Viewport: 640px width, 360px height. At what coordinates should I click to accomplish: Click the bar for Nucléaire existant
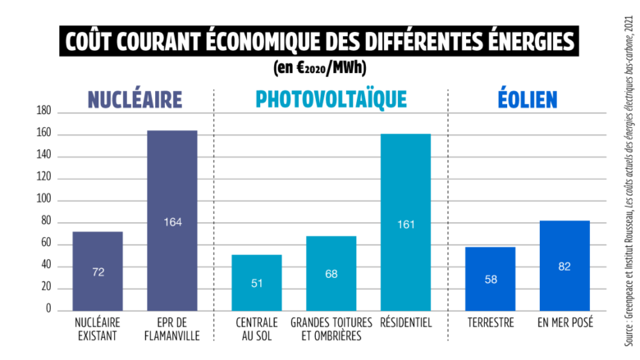tap(98, 271)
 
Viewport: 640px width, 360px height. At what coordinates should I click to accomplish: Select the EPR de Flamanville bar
tap(171, 221)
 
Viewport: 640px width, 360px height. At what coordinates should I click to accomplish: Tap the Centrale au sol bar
tap(256, 282)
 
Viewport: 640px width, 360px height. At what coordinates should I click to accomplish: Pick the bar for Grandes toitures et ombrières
tap(331, 273)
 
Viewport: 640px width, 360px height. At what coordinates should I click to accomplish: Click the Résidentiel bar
tap(405, 221)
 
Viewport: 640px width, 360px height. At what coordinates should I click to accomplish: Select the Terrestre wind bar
tap(490, 279)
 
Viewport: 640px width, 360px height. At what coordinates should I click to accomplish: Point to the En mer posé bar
tap(565, 266)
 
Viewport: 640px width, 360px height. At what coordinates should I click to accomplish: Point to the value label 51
tap(256, 284)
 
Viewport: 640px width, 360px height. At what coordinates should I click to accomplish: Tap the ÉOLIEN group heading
tap(528, 100)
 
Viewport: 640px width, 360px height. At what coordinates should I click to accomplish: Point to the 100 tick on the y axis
tap(43, 199)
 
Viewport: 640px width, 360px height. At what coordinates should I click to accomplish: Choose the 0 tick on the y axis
tap(48, 310)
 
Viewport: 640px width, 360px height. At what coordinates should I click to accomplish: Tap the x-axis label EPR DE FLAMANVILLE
tap(171, 329)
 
